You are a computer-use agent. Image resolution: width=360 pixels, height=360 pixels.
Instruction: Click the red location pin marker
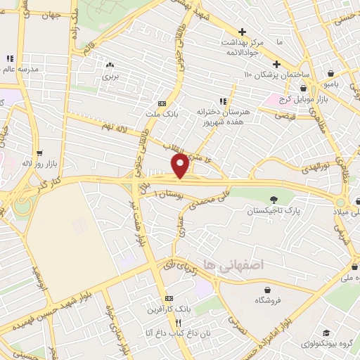tap(180, 166)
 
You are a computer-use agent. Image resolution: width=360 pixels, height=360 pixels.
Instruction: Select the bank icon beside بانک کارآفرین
tap(167, 298)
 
